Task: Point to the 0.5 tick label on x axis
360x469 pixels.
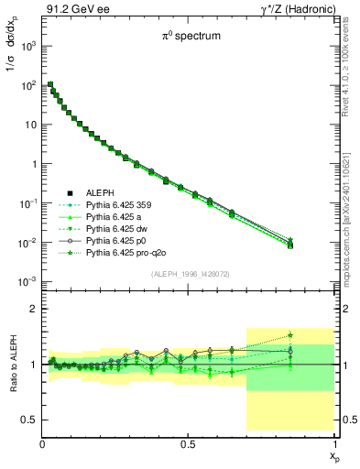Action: click(x=188, y=443)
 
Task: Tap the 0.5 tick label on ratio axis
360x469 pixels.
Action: click(x=27, y=420)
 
